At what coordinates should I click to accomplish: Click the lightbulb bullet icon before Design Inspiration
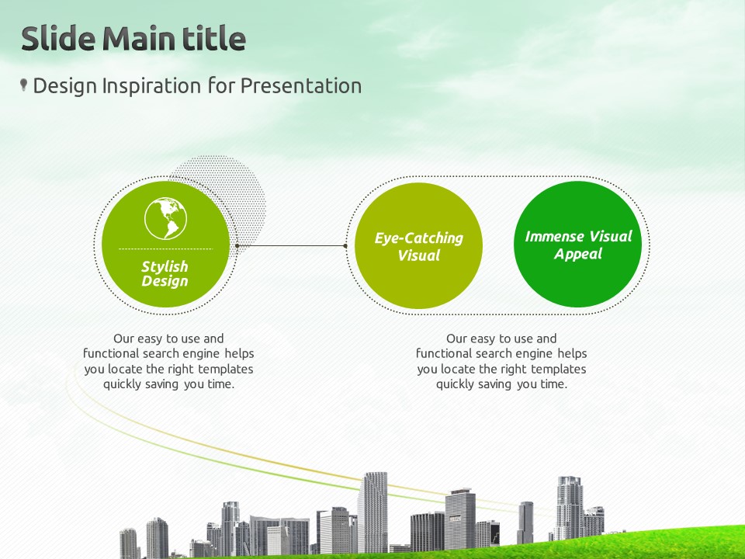23,85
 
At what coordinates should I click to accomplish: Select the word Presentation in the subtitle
301,86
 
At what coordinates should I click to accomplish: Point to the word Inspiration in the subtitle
151,86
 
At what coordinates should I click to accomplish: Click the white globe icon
165,218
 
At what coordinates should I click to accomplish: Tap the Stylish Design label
165,273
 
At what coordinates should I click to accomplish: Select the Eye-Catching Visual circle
418,246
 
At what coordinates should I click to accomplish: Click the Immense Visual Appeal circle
577,245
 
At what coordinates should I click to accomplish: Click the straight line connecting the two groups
291,246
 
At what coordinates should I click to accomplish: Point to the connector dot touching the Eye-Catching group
345,246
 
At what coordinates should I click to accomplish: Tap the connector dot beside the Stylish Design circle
237,246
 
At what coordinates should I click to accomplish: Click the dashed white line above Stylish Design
165,248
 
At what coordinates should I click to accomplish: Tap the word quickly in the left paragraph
122,384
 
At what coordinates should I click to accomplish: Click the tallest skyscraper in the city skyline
372,512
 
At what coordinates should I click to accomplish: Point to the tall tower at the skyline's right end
569,508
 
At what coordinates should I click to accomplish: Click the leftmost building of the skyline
128,543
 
